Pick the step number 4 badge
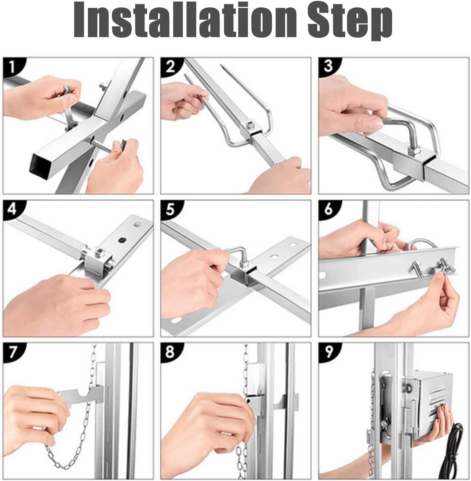[12, 209]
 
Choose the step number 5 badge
[170, 209]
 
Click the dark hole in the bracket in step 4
[122, 240]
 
